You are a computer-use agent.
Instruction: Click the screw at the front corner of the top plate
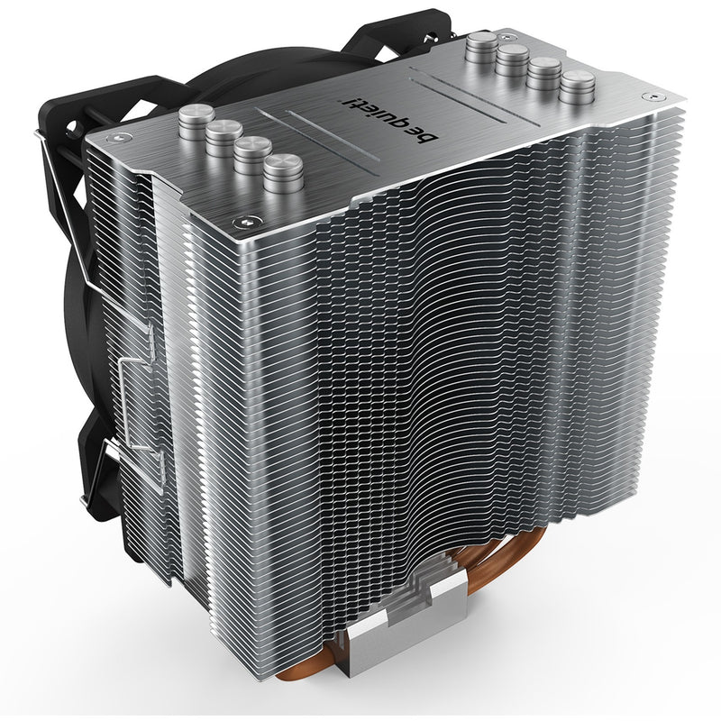pyautogui.click(x=243, y=222)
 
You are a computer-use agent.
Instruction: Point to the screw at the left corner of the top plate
pyautogui.click(x=116, y=137)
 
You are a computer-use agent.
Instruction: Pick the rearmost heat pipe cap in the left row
pyautogui.click(x=196, y=121)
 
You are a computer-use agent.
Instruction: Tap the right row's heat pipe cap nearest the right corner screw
pyautogui.click(x=578, y=87)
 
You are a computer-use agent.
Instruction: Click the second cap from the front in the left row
pyautogui.click(x=253, y=154)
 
